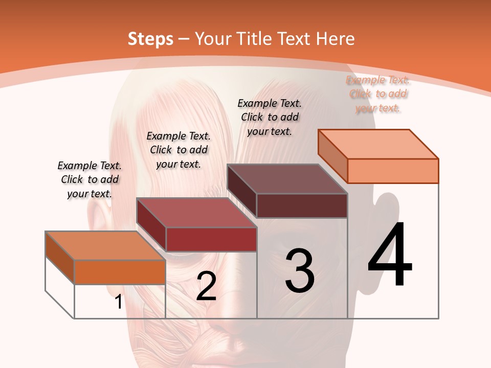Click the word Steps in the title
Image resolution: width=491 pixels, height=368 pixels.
point(150,39)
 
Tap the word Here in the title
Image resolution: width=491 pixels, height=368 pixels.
point(336,39)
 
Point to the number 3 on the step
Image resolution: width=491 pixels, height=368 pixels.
point(300,271)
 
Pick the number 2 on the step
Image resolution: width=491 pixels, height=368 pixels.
point(206,286)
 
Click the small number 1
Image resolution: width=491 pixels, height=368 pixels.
point(118,302)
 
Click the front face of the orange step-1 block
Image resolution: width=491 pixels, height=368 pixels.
point(120,272)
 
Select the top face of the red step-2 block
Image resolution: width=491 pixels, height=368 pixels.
point(196,212)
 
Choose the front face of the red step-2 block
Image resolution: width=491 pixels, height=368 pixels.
point(211,239)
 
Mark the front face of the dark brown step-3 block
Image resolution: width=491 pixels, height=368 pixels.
point(302,205)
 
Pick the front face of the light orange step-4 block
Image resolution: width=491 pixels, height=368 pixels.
point(393,171)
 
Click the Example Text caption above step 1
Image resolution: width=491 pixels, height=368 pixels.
point(90,179)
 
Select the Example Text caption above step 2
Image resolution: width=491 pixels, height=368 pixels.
point(178,150)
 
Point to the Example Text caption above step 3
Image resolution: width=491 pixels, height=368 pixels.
point(270,117)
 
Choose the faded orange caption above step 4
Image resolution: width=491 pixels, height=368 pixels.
point(378,94)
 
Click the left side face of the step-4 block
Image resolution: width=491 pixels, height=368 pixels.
point(332,156)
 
